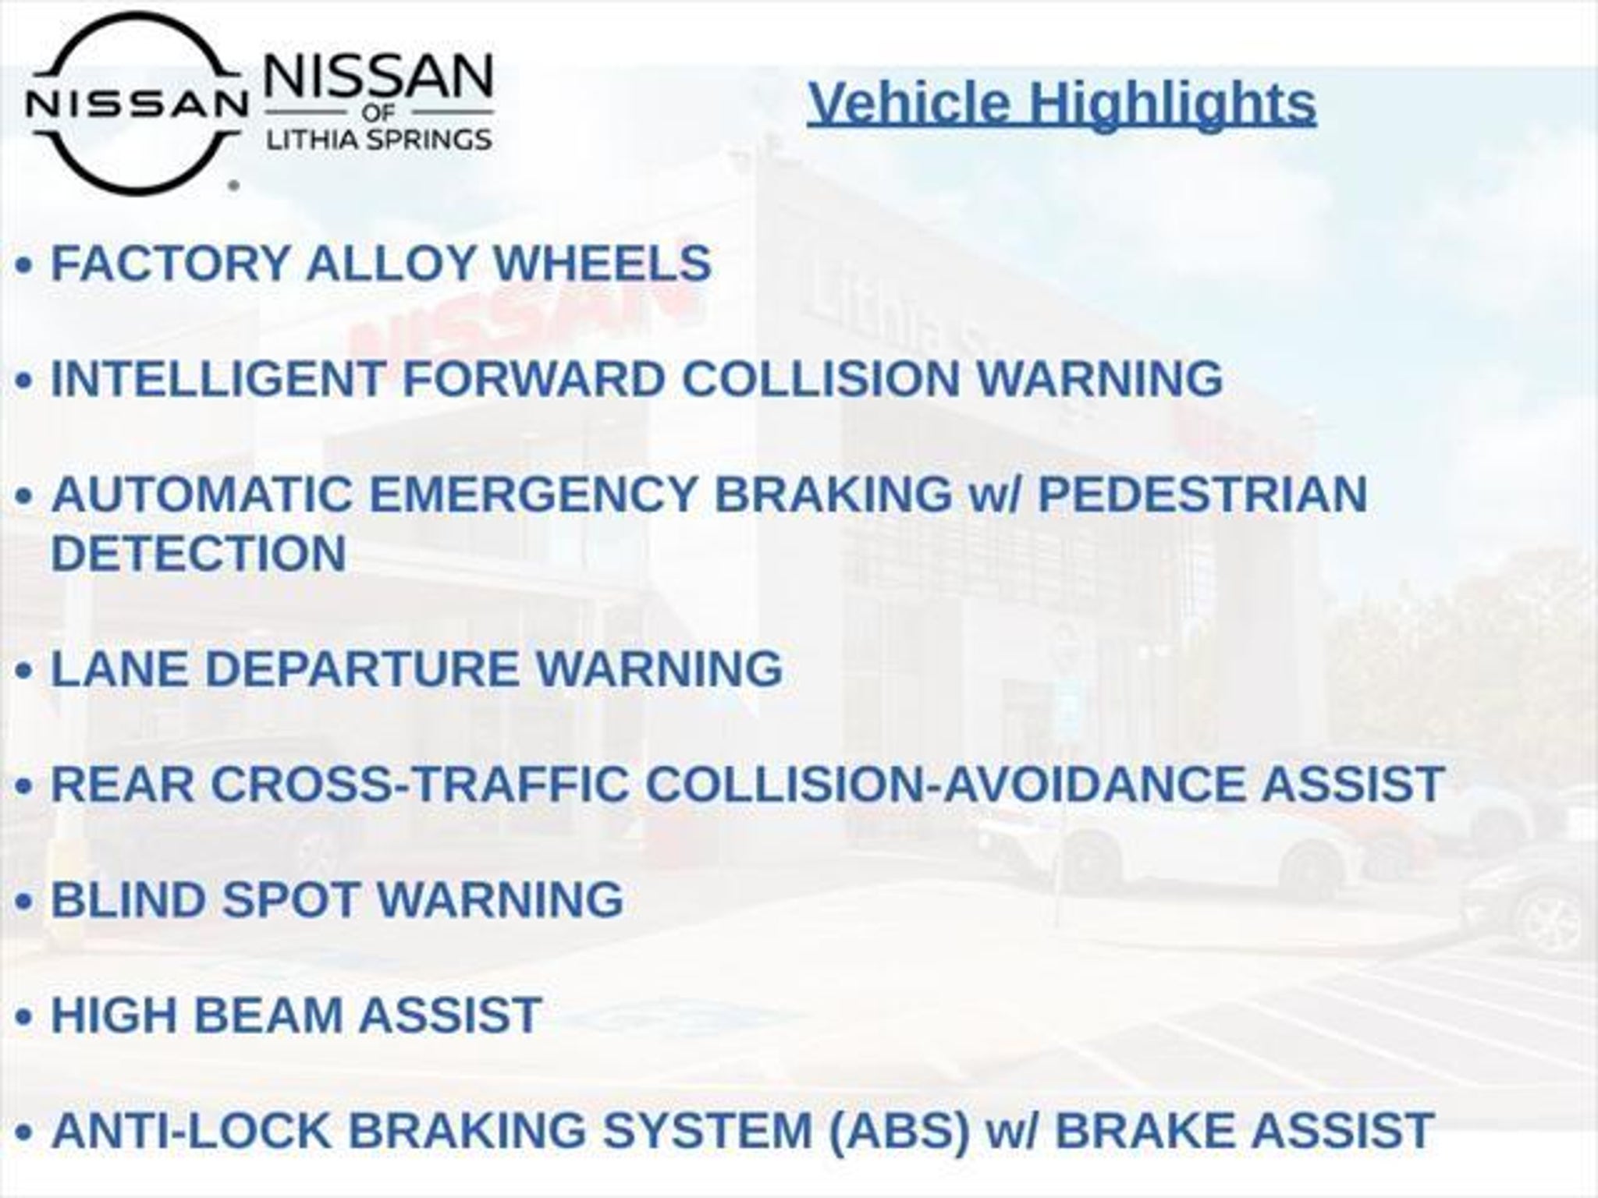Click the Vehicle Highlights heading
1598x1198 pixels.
(1062, 103)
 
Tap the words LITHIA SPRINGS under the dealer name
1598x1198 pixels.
(379, 140)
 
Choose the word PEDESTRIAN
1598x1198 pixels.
(1202, 494)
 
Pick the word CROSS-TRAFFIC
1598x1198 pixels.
(420, 784)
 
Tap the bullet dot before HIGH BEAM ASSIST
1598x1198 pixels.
(25, 1017)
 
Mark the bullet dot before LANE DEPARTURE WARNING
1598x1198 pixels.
(25, 671)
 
